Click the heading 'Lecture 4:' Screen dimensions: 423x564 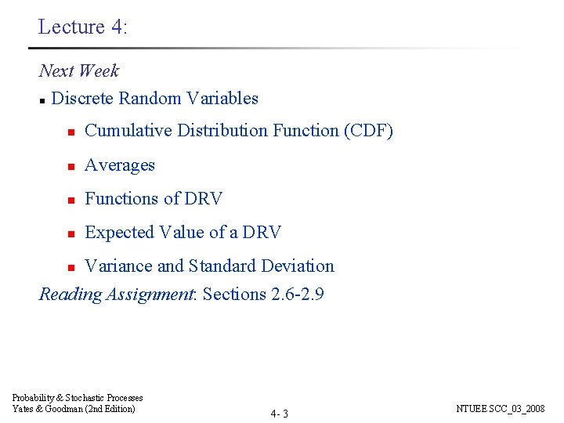(82, 27)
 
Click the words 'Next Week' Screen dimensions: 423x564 (79, 70)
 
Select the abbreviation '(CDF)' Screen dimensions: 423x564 (368, 131)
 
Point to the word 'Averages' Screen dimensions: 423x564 (120, 165)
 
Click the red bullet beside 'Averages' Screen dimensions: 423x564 (70, 166)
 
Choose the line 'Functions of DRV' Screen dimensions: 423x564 (154, 199)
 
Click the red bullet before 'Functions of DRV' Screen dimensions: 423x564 (70, 200)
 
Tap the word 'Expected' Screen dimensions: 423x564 (119, 233)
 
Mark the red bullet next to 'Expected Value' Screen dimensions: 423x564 (70, 233)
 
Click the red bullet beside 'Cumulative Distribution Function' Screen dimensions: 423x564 (70, 132)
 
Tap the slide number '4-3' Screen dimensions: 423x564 (280, 414)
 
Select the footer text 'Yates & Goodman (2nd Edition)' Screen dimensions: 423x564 (74, 409)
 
